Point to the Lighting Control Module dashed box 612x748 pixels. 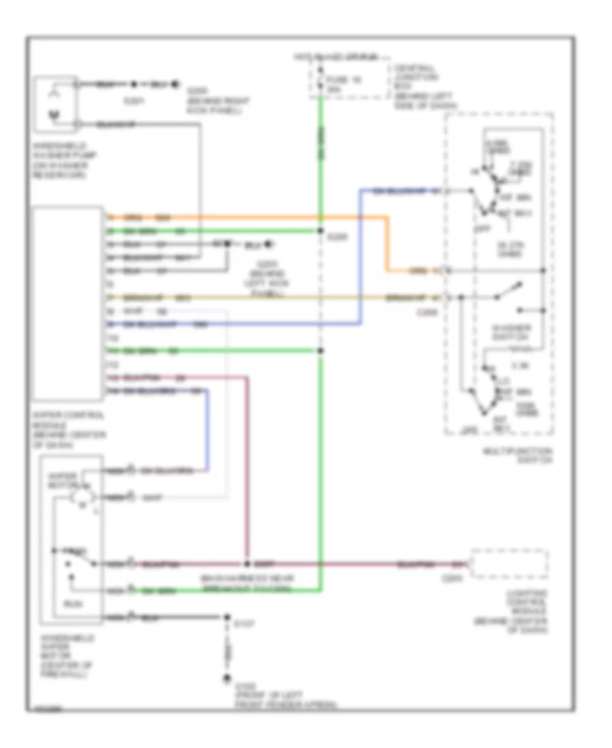click(509, 564)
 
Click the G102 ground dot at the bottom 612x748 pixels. click(226, 678)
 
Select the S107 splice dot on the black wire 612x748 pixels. click(226, 618)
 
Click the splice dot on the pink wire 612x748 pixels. click(247, 564)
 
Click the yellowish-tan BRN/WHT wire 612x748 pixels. click(272, 297)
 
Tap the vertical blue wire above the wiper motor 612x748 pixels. click(207, 428)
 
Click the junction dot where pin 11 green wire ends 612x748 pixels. click(320, 351)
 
